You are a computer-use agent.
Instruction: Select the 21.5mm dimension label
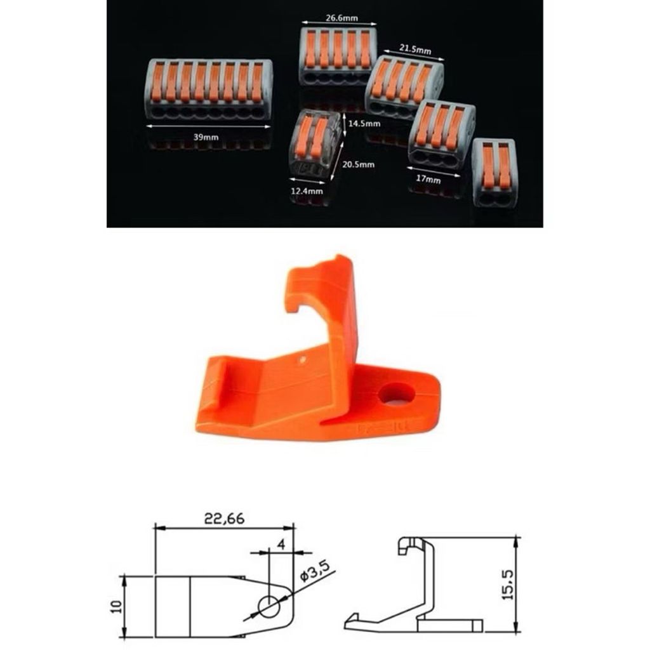point(415,48)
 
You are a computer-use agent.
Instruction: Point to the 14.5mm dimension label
point(364,124)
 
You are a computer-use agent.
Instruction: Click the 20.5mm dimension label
point(358,164)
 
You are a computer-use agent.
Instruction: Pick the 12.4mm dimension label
point(307,190)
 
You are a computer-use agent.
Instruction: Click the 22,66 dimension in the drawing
point(224,518)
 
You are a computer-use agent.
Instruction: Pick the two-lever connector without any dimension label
point(494,171)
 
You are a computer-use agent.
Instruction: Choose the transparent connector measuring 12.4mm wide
point(314,144)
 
